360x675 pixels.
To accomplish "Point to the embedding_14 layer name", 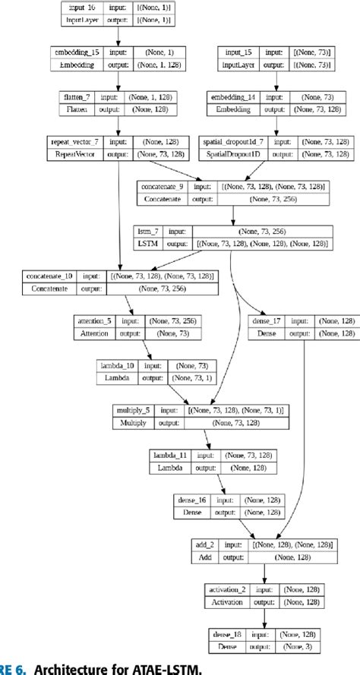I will [235, 99].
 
